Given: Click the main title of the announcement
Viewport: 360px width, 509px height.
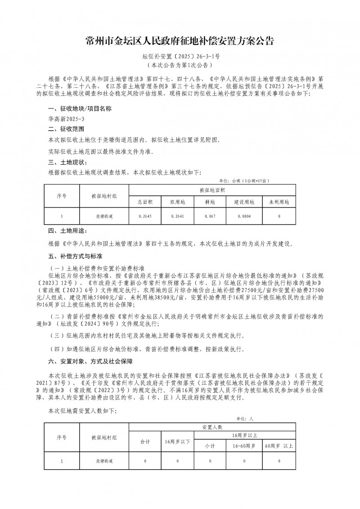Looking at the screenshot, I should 180,41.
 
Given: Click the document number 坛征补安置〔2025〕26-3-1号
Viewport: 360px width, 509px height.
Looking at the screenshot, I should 180,57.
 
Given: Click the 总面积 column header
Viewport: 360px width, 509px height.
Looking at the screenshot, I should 145,202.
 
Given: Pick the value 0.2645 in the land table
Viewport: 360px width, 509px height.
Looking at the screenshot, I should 145,216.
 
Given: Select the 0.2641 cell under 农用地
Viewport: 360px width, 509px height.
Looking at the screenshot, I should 177,216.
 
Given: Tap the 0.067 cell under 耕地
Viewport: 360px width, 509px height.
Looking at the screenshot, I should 210,216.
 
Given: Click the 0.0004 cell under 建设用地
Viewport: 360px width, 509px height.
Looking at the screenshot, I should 243,216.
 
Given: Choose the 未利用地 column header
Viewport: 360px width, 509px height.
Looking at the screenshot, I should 279,202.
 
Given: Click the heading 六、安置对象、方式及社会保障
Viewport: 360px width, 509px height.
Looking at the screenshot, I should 90,361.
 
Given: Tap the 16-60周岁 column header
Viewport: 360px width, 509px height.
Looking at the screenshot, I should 243,446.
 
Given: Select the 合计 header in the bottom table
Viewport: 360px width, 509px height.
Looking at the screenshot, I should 145,441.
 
